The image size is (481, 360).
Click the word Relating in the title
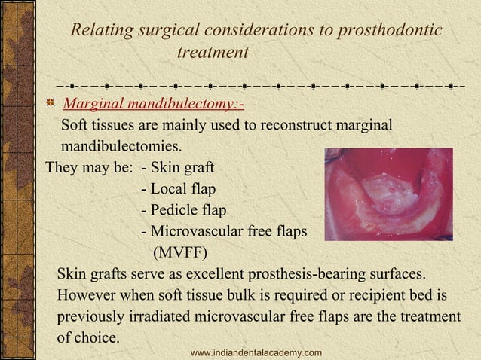tap(99, 30)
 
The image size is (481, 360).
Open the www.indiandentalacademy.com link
tap(256, 352)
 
